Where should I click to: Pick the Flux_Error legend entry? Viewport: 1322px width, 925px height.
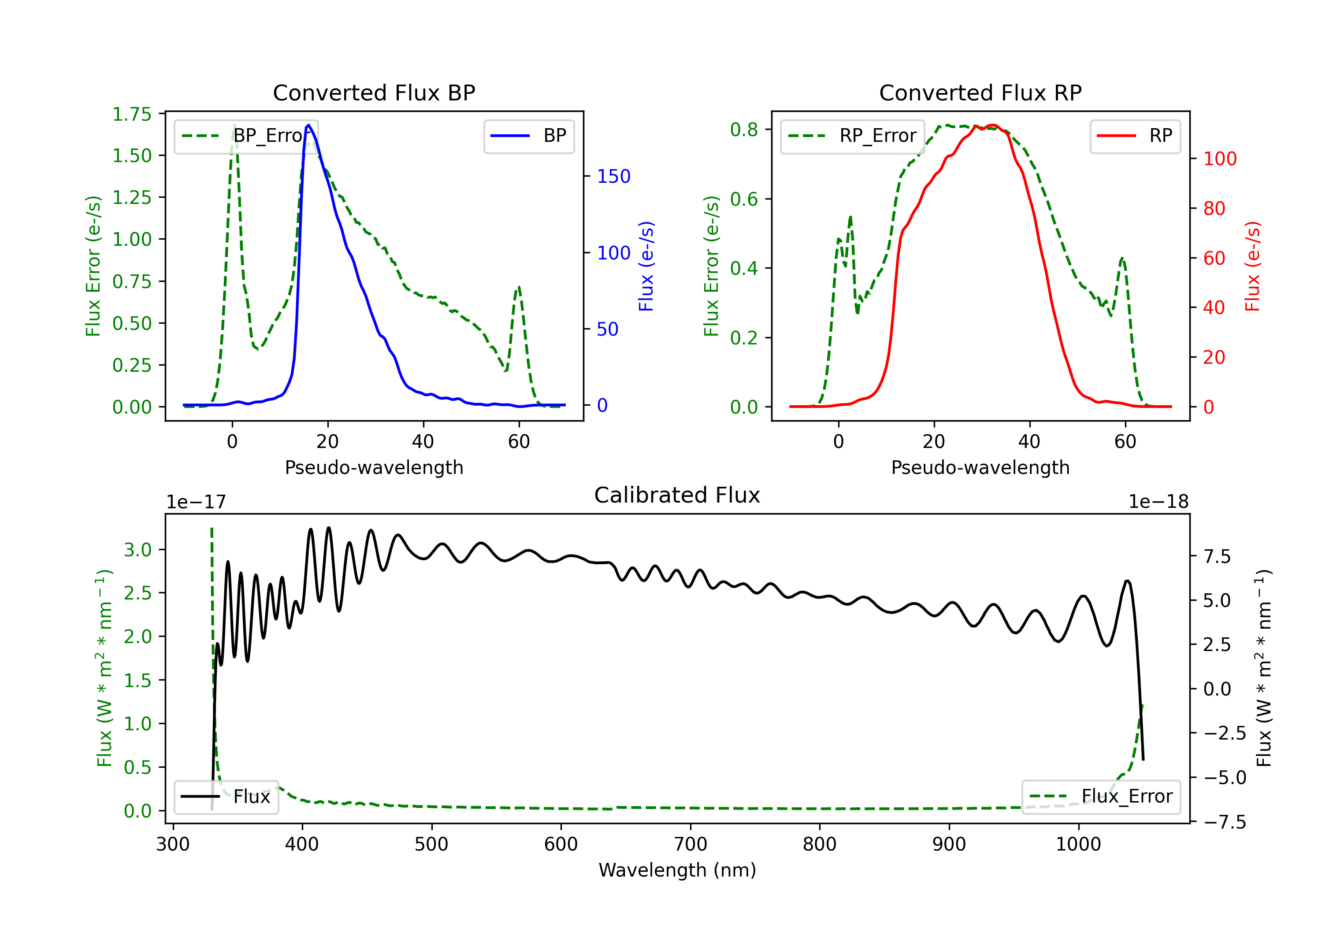pos(1101,797)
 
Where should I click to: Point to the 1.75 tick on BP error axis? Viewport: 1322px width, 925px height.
pos(132,115)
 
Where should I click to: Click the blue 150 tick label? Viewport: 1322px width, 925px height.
pos(613,177)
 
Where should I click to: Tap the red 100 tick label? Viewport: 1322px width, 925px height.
pos(1219,159)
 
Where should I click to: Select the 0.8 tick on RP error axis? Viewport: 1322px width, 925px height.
pos(744,130)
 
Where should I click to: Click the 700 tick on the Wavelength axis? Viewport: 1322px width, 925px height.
pos(691,844)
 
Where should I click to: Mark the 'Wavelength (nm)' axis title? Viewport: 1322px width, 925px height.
pos(677,870)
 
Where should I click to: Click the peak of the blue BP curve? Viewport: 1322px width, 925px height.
pos(308,126)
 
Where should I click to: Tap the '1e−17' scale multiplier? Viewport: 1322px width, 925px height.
pos(197,503)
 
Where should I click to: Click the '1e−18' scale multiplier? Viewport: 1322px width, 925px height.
pos(1158,503)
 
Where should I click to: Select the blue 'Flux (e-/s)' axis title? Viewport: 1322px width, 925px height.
pos(646,266)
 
